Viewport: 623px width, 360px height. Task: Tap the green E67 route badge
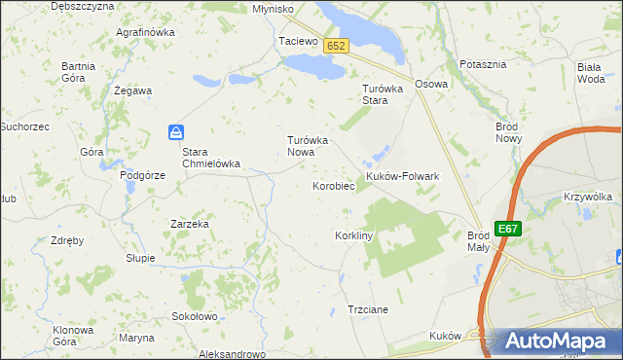tap(507, 229)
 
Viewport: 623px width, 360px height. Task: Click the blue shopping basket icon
tap(176, 131)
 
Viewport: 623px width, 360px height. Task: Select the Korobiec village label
tap(332, 185)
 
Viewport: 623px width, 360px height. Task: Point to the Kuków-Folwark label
tap(403, 176)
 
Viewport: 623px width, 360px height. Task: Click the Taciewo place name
tap(298, 42)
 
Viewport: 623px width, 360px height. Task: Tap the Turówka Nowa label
tap(312, 146)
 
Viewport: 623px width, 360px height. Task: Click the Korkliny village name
tap(354, 236)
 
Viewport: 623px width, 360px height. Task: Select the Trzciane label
tap(368, 309)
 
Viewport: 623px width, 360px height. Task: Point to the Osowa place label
tap(430, 84)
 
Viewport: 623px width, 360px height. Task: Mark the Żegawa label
tap(132, 90)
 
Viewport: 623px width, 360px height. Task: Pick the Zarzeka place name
tap(190, 223)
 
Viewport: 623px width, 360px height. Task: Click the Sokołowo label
tap(194, 316)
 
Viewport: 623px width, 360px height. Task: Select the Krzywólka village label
tap(587, 197)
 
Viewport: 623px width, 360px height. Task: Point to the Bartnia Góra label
tap(78, 71)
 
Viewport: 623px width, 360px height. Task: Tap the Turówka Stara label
tap(376, 93)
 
